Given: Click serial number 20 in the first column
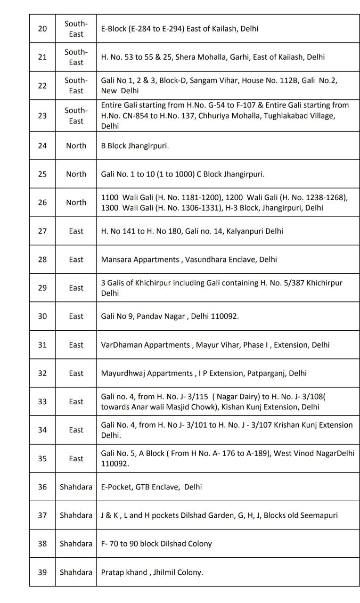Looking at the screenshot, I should (42, 29).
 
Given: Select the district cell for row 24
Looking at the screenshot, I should (76, 146).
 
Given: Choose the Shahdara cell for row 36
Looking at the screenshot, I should (76, 487).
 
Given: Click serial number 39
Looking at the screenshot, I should (42, 572).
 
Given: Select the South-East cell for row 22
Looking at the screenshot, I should (76, 85).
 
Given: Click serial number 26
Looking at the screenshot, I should (42, 203).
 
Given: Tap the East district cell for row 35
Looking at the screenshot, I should (76, 458).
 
